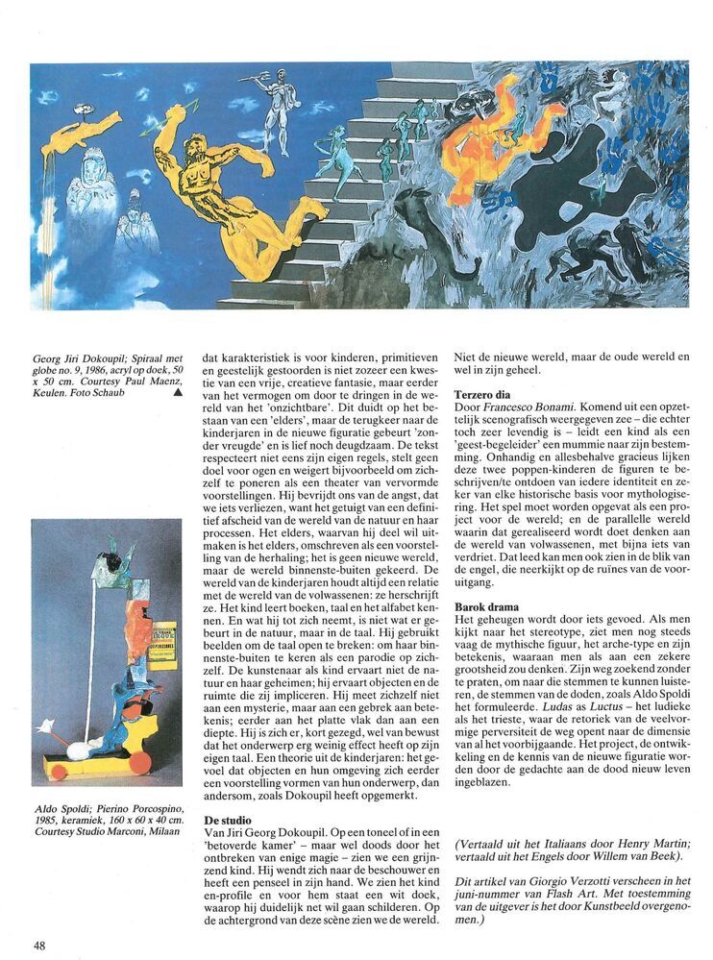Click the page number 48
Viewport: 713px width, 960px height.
39,941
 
